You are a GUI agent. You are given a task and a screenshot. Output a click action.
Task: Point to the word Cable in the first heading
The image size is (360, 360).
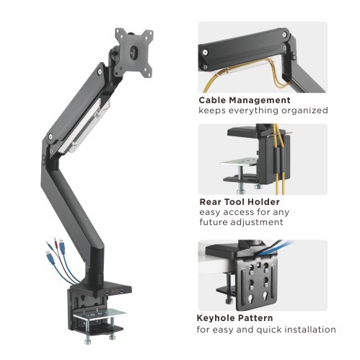(214, 100)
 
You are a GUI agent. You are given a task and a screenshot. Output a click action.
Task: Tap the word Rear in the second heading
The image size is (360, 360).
(211, 201)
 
